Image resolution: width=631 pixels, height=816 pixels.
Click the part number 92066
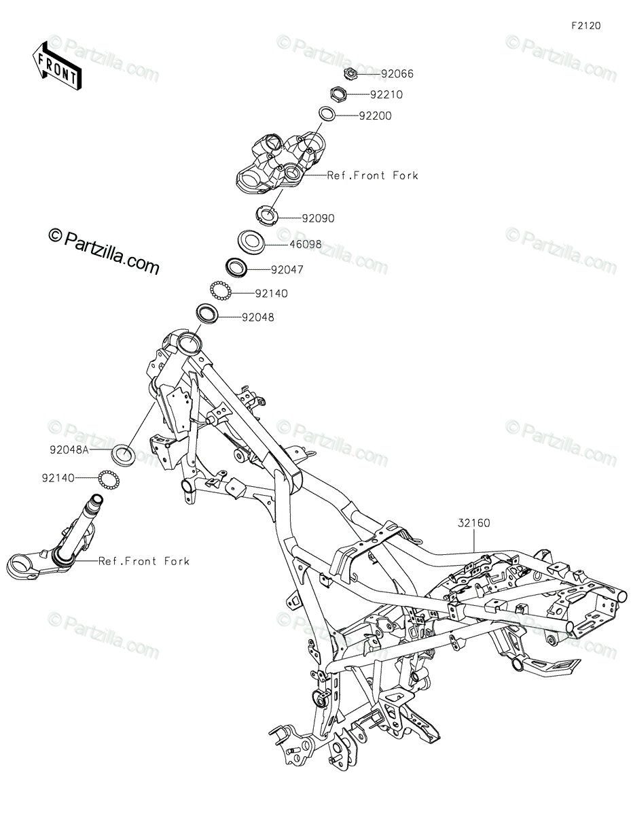tap(397, 73)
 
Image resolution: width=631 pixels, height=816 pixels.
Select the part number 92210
tap(386, 95)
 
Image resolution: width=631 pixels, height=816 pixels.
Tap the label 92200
tap(375, 116)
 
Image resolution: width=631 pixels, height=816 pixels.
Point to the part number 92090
tap(318, 218)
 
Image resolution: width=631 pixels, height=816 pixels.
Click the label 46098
tap(305, 245)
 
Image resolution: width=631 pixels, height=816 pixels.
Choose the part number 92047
tap(287, 270)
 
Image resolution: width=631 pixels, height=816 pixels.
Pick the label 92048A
tap(69, 450)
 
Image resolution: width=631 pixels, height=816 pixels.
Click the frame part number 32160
tap(473, 523)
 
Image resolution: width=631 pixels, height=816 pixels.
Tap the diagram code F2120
tap(586, 26)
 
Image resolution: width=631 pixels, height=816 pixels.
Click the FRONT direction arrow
tap(57, 66)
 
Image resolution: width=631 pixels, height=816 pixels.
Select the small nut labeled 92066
tap(350, 73)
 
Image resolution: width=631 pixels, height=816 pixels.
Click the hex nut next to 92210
tap(337, 94)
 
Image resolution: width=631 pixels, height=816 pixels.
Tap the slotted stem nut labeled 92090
tap(266, 216)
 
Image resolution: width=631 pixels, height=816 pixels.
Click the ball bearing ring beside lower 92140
tap(109, 479)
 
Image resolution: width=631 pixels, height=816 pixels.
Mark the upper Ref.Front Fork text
tap(372, 175)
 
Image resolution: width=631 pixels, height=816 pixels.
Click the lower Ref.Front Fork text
tap(143, 562)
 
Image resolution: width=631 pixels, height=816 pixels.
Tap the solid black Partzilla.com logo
tap(104, 251)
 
